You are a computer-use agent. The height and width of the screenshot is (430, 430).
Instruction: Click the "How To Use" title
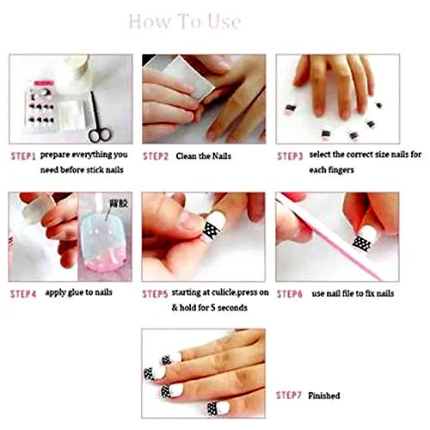point(185,21)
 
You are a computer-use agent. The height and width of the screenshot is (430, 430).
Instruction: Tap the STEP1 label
point(23,157)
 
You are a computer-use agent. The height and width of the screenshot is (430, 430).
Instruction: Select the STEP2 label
point(156,157)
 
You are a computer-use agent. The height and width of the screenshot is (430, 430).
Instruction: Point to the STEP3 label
point(290,157)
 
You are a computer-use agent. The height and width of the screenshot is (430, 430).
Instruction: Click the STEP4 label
point(23,294)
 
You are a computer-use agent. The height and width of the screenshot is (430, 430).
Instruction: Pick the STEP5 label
point(155,294)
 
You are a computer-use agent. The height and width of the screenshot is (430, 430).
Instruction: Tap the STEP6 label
point(290,294)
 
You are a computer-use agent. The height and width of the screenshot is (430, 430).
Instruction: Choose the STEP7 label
point(289,396)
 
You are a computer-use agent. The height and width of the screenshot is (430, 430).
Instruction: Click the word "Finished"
point(324,396)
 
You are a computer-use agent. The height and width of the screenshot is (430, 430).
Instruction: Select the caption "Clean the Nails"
point(204,157)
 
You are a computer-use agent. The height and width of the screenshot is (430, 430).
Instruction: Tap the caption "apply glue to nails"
point(79,292)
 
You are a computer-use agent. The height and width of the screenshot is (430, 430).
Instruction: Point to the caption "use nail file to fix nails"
point(353,293)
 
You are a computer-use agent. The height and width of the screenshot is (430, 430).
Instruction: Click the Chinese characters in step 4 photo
point(119,204)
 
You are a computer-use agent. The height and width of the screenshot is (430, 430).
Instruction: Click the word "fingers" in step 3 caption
point(340,170)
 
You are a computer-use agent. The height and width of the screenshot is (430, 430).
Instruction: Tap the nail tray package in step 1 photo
point(40,108)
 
